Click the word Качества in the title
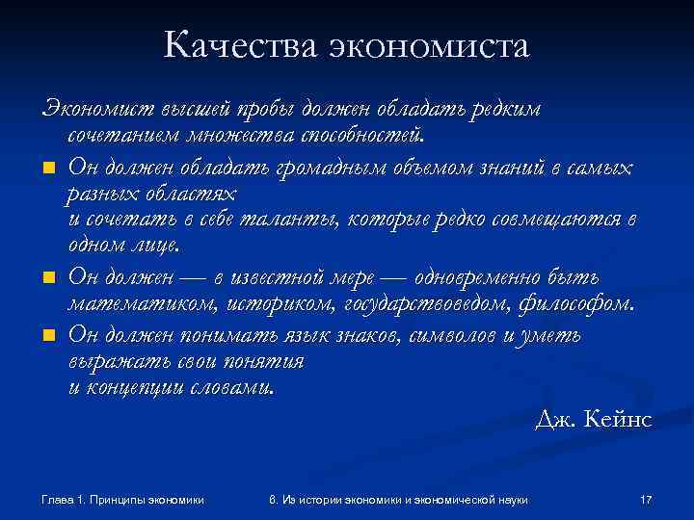pyautogui.click(x=240, y=45)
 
